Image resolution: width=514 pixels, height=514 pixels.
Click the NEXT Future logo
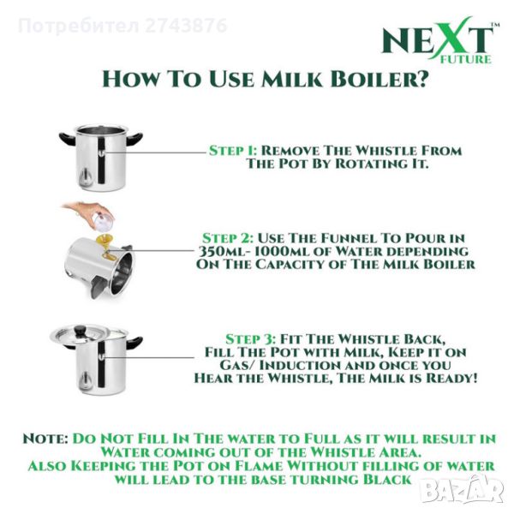click(440, 40)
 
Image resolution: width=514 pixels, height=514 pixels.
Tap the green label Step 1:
click(233, 151)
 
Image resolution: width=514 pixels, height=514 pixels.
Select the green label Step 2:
click(228, 238)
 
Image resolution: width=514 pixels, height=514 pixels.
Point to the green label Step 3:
click(251, 339)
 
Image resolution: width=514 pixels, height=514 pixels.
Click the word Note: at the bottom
click(45, 439)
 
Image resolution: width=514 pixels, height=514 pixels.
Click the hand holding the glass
click(85, 210)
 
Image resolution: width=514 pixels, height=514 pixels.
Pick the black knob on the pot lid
click(80, 330)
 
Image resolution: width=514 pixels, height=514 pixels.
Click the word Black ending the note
click(387, 479)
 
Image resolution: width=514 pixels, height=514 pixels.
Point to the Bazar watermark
click(463, 490)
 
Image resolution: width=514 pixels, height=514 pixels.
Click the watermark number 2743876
click(186, 26)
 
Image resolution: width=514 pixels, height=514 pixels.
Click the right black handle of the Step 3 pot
click(134, 342)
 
